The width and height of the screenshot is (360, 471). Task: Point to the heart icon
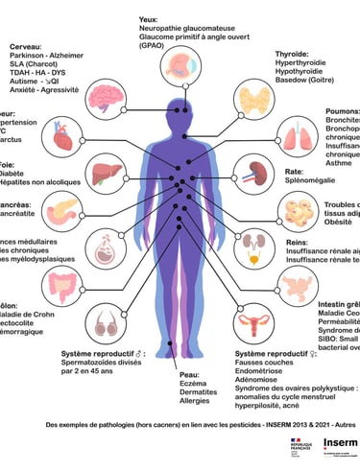[64, 141]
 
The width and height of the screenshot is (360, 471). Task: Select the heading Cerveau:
[25, 46]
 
